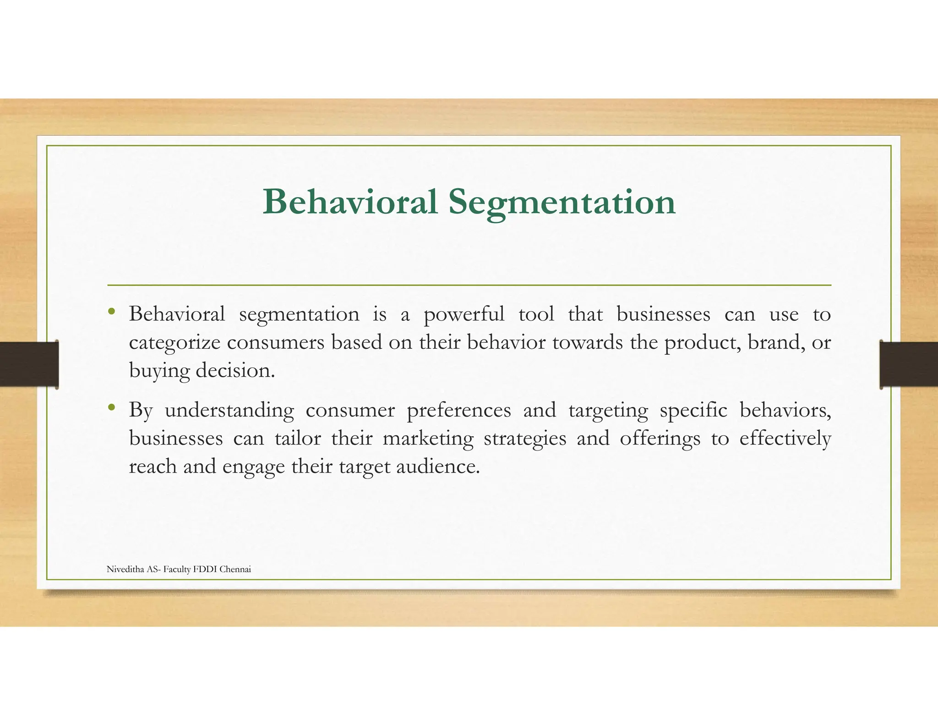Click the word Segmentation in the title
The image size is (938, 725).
click(x=562, y=203)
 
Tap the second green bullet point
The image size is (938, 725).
click(x=111, y=407)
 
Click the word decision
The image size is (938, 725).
click(x=235, y=371)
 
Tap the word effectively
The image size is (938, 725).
click(x=785, y=439)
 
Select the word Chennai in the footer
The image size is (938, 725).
click(x=235, y=569)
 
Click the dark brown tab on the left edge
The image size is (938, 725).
click(x=29, y=364)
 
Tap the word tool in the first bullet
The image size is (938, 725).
click(x=536, y=314)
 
